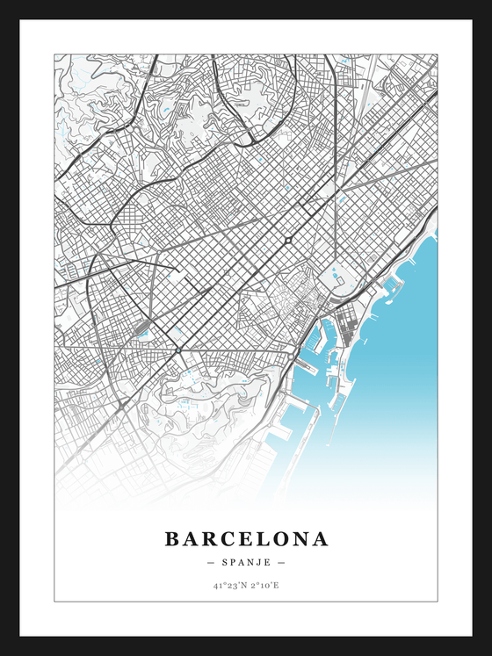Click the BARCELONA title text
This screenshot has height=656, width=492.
pos(246,538)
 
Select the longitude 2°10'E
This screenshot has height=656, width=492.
pos(264,585)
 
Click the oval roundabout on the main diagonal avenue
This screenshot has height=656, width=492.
pos(287,240)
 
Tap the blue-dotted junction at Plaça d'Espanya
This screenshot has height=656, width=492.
pos(178,350)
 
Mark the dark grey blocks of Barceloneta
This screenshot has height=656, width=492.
pos(350,331)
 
